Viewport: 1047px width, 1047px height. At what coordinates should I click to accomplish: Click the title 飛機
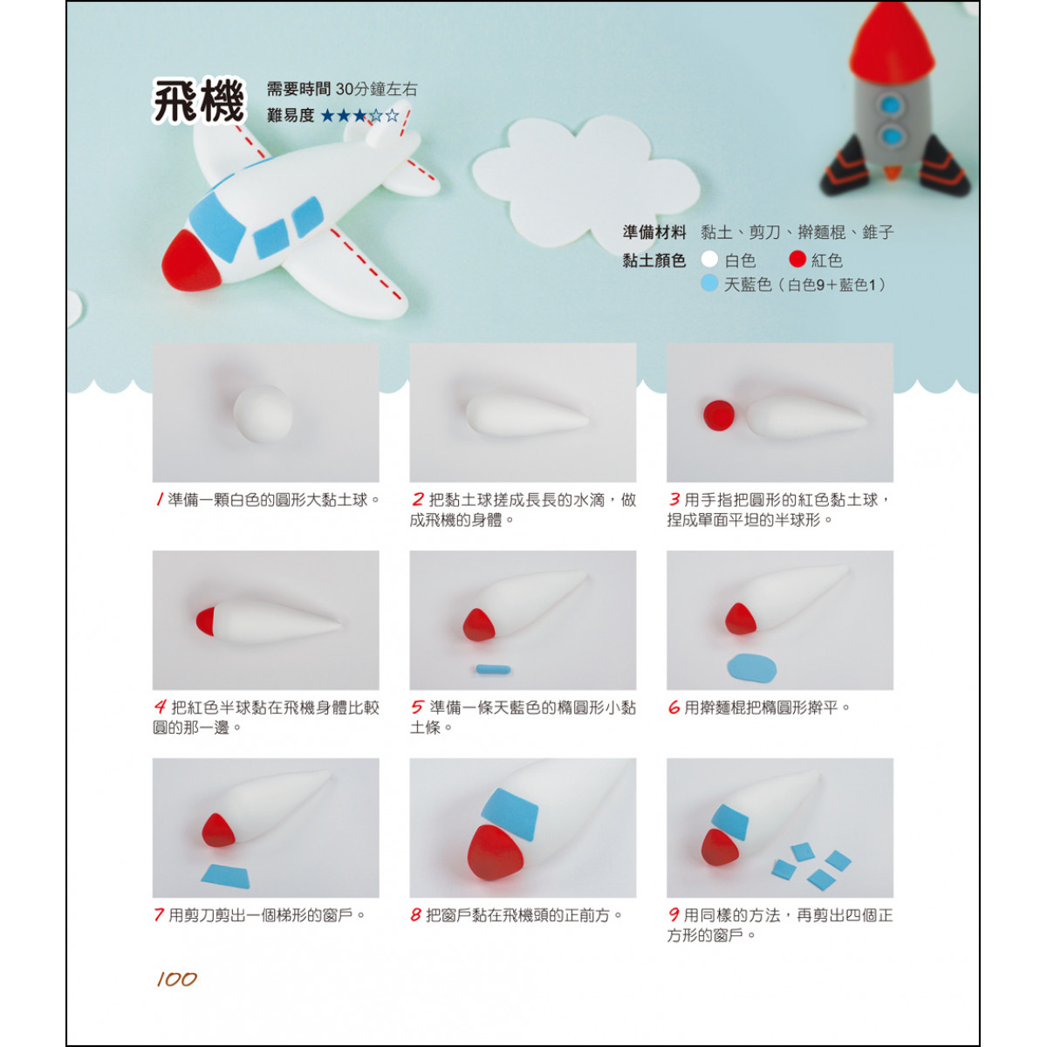click(x=199, y=101)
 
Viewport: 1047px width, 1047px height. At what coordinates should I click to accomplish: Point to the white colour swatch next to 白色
click(x=709, y=260)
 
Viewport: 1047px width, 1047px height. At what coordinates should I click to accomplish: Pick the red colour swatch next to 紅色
click(x=797, y=260)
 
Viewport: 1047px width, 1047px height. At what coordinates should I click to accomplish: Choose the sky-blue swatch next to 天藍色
click(x=709, y=283)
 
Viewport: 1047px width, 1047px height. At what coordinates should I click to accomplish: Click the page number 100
click(x=176, y=979)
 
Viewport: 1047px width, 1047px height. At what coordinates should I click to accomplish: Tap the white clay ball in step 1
click(x=263, y=414)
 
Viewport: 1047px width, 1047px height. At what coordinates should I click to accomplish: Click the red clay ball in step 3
click(x=718, y=415)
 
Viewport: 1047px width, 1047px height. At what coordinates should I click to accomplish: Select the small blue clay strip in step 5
click(x=493, y=669)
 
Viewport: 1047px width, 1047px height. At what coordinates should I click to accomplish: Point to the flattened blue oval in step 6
click(x=751, y=667)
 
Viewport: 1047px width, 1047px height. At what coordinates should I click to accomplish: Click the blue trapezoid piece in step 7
click(x=226, y=876)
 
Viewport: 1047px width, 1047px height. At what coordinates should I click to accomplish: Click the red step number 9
click(x=674, y=915)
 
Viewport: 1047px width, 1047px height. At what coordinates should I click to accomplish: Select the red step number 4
click(x=160, y=707)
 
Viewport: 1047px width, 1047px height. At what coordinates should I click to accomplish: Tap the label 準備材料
click(x=654, y=233)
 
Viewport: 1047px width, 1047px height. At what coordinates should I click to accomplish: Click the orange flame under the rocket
click(x=892, y=173)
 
